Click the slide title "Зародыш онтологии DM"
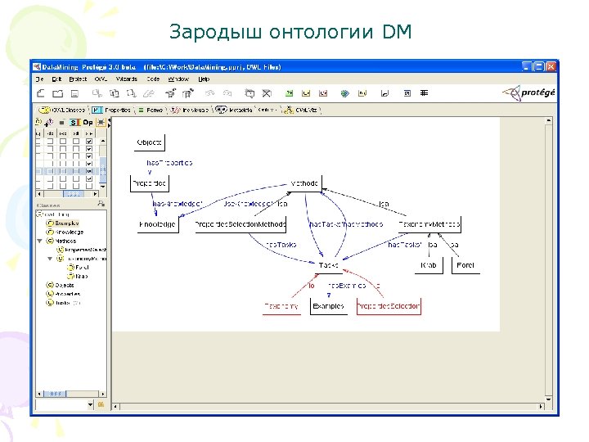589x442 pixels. coord(290,33)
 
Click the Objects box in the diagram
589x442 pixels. coord(150,142)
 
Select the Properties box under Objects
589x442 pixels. coord(150,183)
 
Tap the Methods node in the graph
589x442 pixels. coord(304,183)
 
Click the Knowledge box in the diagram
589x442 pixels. coord(159,224)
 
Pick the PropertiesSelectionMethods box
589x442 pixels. coord(242,224)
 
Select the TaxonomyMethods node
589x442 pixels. coord(429,224)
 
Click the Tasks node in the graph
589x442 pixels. coord(328,265)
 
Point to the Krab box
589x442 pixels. coord(429,265)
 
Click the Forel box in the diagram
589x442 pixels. coord(465,265)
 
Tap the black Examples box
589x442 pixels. coord(328,307)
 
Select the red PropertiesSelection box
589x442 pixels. coord(389,307)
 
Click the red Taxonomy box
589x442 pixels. coord(281,307)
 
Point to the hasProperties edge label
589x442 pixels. coord(169,163)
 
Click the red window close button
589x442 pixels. coord(551,65)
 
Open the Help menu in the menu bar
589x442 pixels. coord(204,79)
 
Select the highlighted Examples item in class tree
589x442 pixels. coord(68,223)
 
